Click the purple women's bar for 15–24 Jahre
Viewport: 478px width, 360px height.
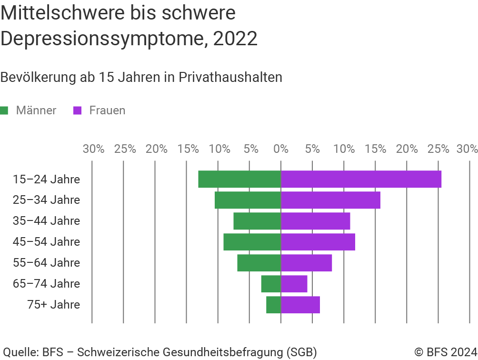coord(361,179)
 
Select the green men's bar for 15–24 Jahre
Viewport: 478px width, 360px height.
coord(239,179)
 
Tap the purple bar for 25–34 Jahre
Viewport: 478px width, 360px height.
coord(330,200)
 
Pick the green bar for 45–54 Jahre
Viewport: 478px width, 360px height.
coord(252,242)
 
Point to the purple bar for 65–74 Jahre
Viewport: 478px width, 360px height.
coord(294,284)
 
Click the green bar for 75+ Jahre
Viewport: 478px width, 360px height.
coord(273,305)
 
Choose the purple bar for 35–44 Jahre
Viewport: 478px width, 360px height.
coord(316,221)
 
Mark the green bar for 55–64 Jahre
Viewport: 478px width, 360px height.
coord(259,263)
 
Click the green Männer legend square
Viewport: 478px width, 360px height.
coord(5,110)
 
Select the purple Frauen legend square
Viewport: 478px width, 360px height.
coord(78,110)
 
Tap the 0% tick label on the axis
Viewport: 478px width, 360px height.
coord(281,149)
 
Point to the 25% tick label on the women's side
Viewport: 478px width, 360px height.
coord(438,149)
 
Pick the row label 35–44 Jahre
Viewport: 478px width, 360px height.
coord(47,221)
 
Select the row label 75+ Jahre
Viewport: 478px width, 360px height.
coord(54,305)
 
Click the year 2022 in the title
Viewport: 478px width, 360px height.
coord(235,39)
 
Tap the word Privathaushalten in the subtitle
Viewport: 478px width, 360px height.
coord(230,77)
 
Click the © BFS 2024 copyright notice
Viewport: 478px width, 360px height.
coord(445,352)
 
